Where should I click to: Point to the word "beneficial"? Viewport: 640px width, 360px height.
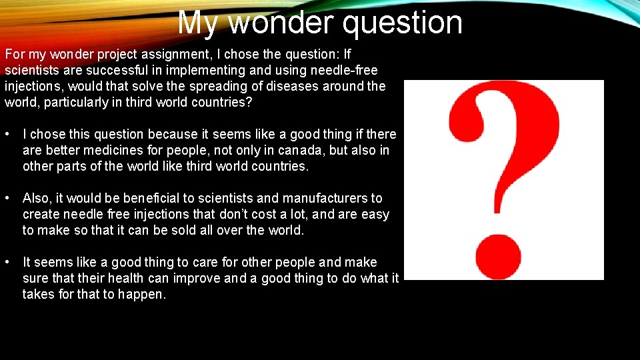136,199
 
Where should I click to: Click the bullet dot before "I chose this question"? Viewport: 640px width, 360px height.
7,135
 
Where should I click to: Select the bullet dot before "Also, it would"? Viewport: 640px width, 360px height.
7,199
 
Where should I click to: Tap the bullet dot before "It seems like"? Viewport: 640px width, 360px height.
7,263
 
